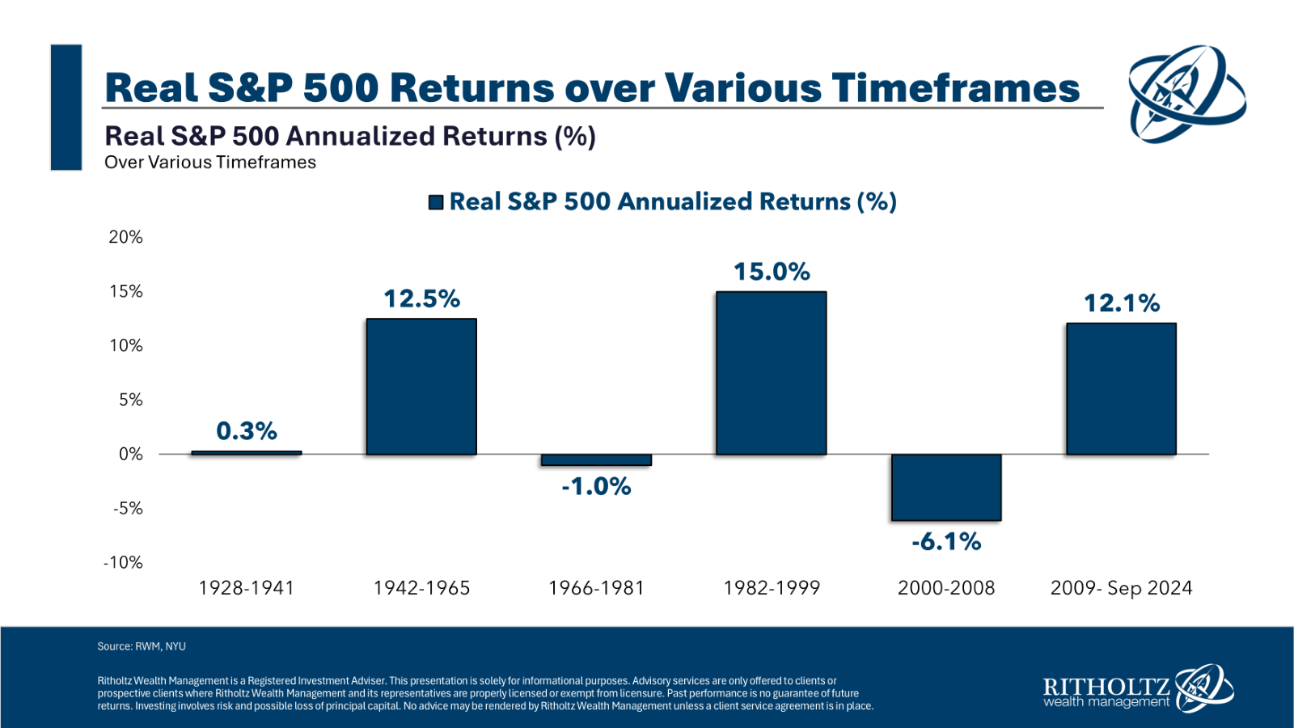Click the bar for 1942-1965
tap(421, 387)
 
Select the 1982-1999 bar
tap(772, 373)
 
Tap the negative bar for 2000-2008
tap(946, 487)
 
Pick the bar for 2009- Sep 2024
tap(1121, 389)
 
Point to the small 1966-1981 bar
tap(596, 460)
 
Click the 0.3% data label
tap(247, 431)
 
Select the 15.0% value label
tap(772, 272)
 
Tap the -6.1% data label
tap(946, 542)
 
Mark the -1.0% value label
tap(596, 486)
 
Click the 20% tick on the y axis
tap(125, 237)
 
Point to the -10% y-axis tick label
tap(122, 562)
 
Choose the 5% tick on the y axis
tap(130, 400)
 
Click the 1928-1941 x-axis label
tap(247, 588)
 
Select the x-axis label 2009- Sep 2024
tap(1121, 588)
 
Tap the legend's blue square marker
tap(436, 202)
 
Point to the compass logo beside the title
tap(1187, 94)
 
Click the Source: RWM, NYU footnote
tap(142, 646)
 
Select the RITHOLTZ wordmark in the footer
tap(1107, 687)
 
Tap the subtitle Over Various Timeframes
tap(210, 163)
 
